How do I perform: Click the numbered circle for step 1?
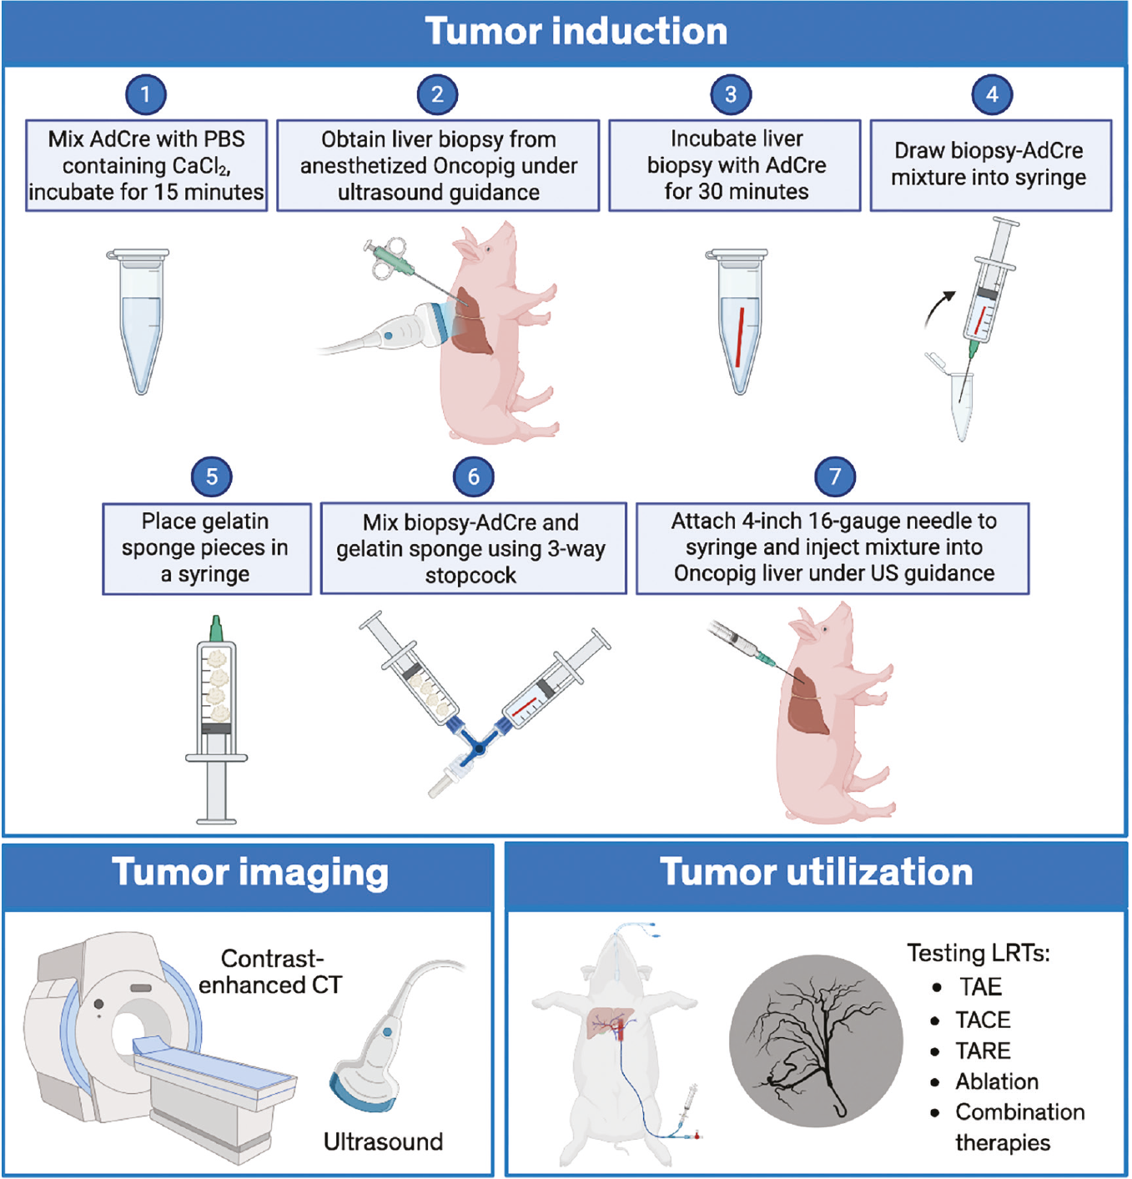tap(145, 94)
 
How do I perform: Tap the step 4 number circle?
tap(992, 94)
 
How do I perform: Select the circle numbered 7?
tap(835, 476)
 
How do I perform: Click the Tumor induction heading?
tap(576, 31)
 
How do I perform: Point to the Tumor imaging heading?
tap(250, 873)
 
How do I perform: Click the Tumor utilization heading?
tap(817, 873)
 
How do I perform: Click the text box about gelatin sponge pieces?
tap(207, 548)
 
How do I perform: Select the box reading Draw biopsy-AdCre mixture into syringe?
tap(991, 165)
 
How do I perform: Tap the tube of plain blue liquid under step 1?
tap(140, 321)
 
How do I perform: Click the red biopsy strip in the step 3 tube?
tap(740, 337)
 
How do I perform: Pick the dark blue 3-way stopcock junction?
tap(479, 748)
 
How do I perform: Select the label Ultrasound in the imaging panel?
tap(383, 1141)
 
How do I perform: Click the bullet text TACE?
tap(983, 1020)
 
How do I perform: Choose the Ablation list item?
tap(997, 1081)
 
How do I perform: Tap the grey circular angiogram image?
tap(816, 1040)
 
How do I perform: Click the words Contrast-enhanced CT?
tap(271, 971)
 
